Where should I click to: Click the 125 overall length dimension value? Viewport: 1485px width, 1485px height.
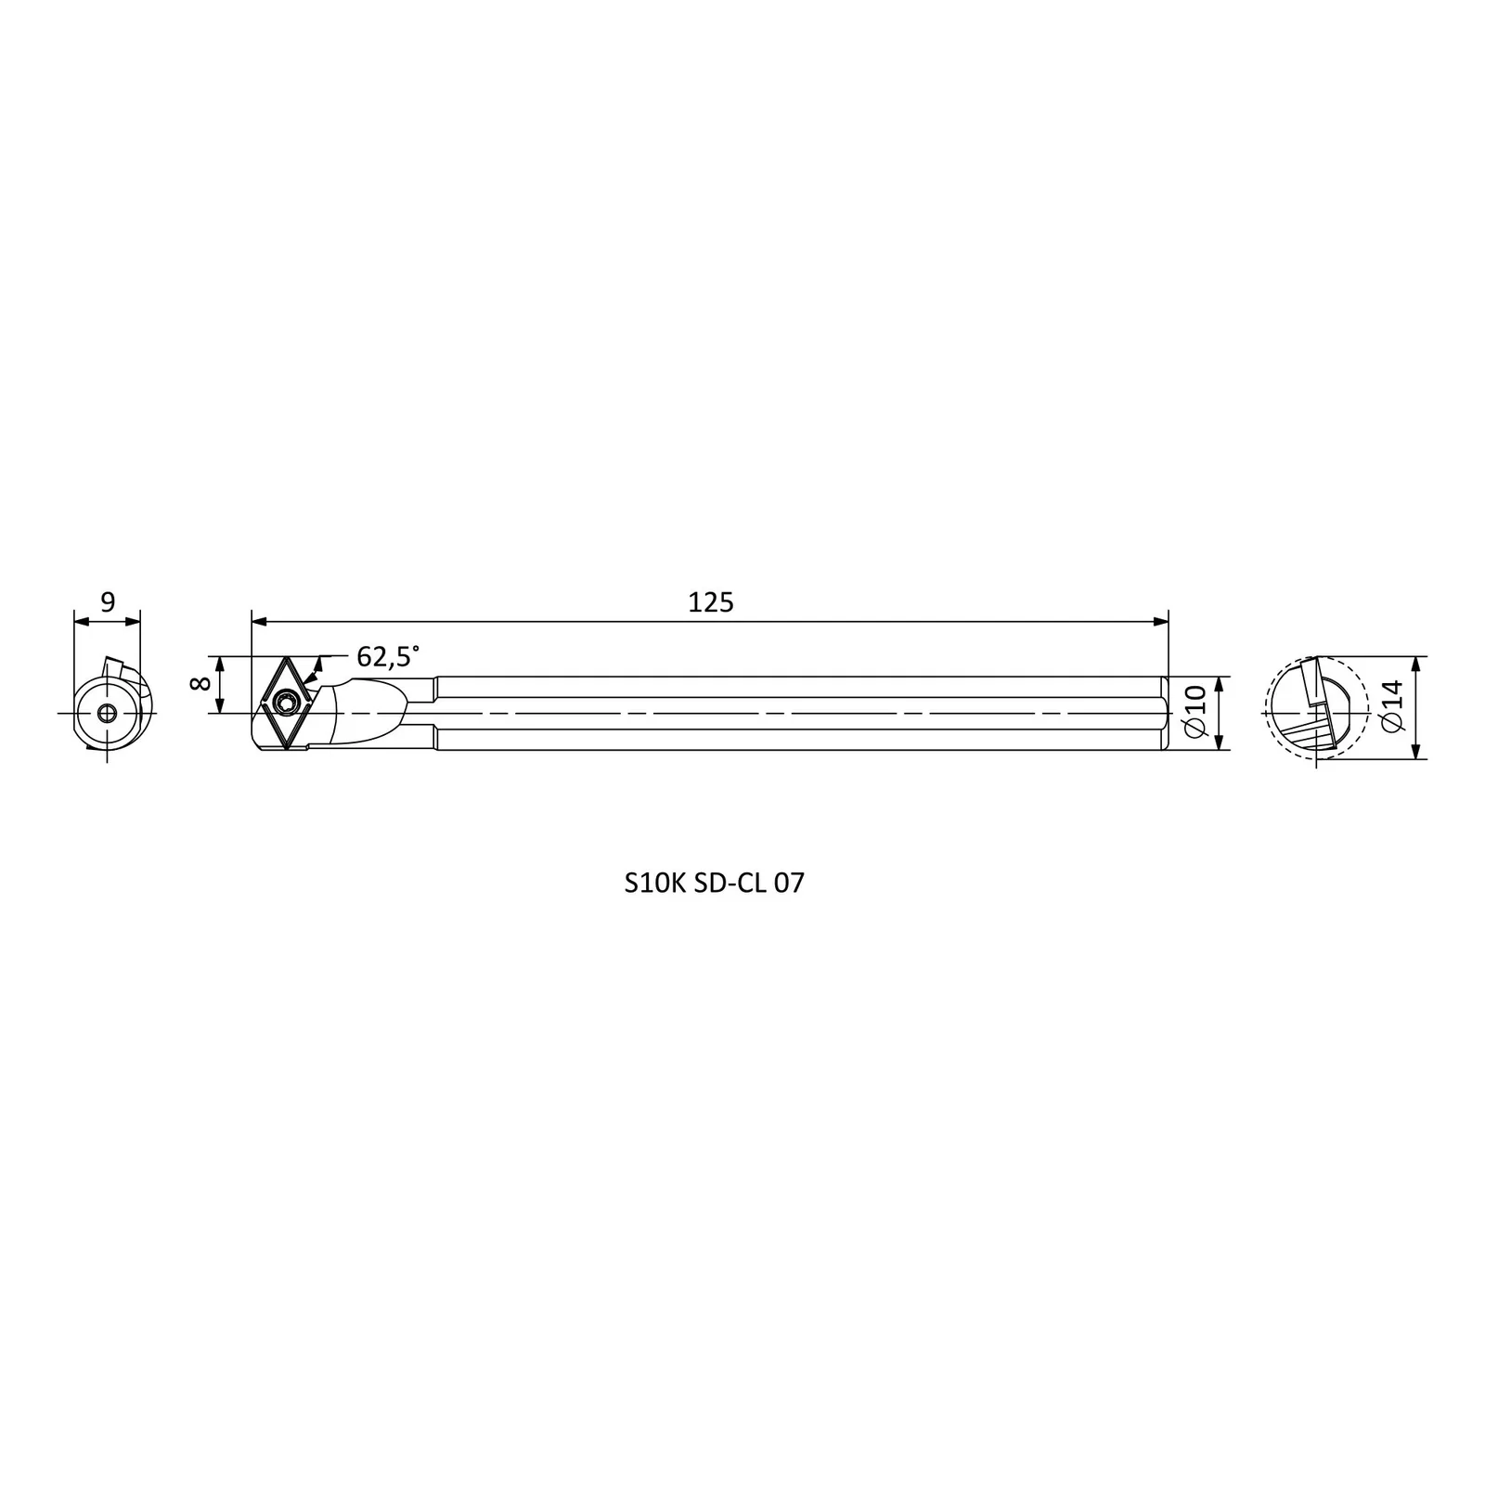tap(711, 602)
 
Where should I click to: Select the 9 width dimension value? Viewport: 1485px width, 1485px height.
tap(108, 602)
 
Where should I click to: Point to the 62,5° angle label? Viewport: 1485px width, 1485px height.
tap(388, 656)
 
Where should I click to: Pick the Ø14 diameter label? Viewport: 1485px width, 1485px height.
tap(1390, 707)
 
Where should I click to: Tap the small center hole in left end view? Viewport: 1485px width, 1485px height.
tap(108, 713)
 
